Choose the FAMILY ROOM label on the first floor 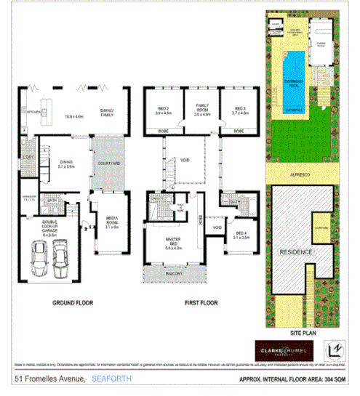click(201, 110)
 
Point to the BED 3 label click(240, 110)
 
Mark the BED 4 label click(240, 235)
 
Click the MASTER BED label click(172, 244)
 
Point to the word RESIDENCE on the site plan click(292, 251)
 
